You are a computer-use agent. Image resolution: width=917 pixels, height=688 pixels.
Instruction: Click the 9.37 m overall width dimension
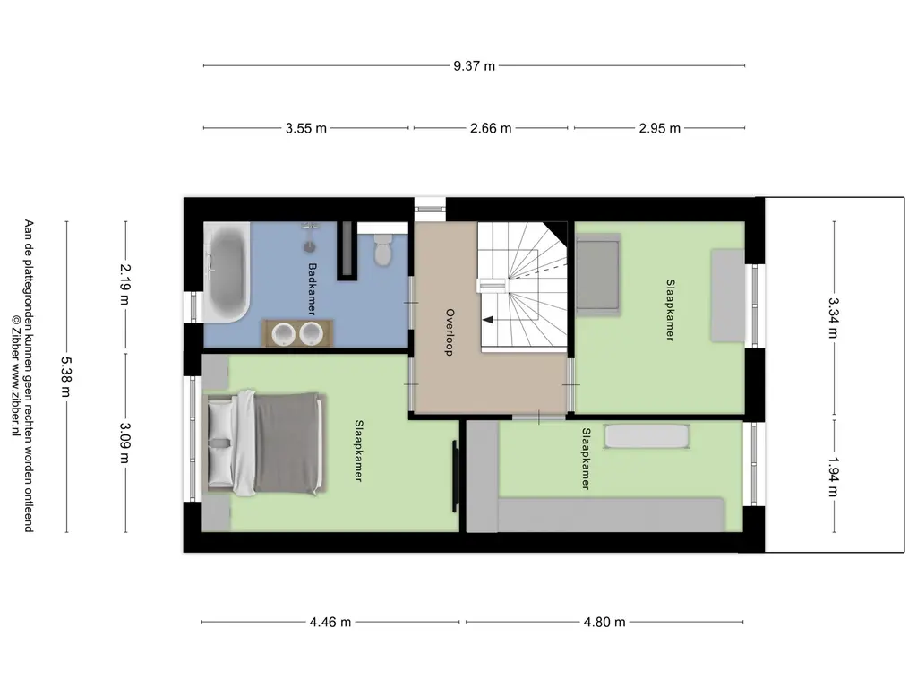(x=474, y=66)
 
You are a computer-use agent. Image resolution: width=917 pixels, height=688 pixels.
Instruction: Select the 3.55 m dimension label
(x=306, y=128)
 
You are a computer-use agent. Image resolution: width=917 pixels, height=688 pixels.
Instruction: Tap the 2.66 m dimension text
(x=491, y=128)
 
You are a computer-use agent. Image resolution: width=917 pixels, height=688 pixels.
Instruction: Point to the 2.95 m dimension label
(x=660, y=128)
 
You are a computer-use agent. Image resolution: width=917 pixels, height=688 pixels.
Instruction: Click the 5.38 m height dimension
(x=66, y=377)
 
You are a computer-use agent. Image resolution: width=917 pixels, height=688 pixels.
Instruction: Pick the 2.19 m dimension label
(x=125, y=284)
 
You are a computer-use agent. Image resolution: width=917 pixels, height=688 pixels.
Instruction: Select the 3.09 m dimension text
(x=125, y=443)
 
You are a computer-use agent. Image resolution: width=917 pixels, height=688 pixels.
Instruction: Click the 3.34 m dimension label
(x=834, y=318)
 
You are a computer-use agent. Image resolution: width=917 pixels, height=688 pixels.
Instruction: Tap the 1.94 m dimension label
(x=834, y=477)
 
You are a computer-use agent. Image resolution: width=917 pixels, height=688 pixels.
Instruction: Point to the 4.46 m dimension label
(x=330, y=622)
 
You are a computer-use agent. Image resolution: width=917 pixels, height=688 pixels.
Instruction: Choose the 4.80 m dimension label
(x=604, y=622)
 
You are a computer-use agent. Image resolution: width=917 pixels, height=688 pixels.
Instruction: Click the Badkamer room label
(x=313, y=289)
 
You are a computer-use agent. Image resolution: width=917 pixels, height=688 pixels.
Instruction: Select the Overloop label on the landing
(x=450, y=331)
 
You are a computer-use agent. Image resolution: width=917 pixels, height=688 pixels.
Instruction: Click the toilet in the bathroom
(x=383, y=247)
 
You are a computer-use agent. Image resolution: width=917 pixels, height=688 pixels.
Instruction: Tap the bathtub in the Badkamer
(x=227, y=272)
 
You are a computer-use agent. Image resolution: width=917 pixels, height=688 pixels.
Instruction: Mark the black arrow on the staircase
(x=488, y=320)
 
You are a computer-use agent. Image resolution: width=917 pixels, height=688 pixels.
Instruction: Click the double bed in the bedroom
(x=264, y=443)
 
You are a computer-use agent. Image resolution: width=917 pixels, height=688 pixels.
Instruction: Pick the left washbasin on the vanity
(x=284, y=334)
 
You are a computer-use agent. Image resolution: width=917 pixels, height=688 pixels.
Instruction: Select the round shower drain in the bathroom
(x=310, y=247)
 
